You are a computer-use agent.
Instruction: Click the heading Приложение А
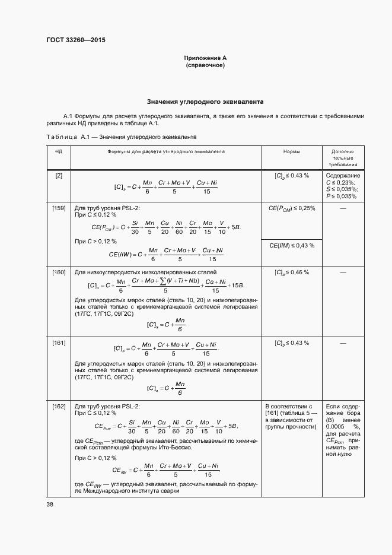pos(205,58)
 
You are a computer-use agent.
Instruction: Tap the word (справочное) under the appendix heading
pos(205,65)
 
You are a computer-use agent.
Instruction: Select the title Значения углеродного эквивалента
pos(205,102)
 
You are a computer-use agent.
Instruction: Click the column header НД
pos(59,152)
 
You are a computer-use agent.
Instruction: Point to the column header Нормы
pos(291,152)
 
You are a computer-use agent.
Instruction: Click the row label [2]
pos(59,176)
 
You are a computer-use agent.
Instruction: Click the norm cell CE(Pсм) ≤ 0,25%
pos(291,208)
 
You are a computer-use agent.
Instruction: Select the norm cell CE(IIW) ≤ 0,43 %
pos(291,245)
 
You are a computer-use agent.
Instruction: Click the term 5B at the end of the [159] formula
pos(235,227)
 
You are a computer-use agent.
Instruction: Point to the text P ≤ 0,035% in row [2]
pos(341,196)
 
